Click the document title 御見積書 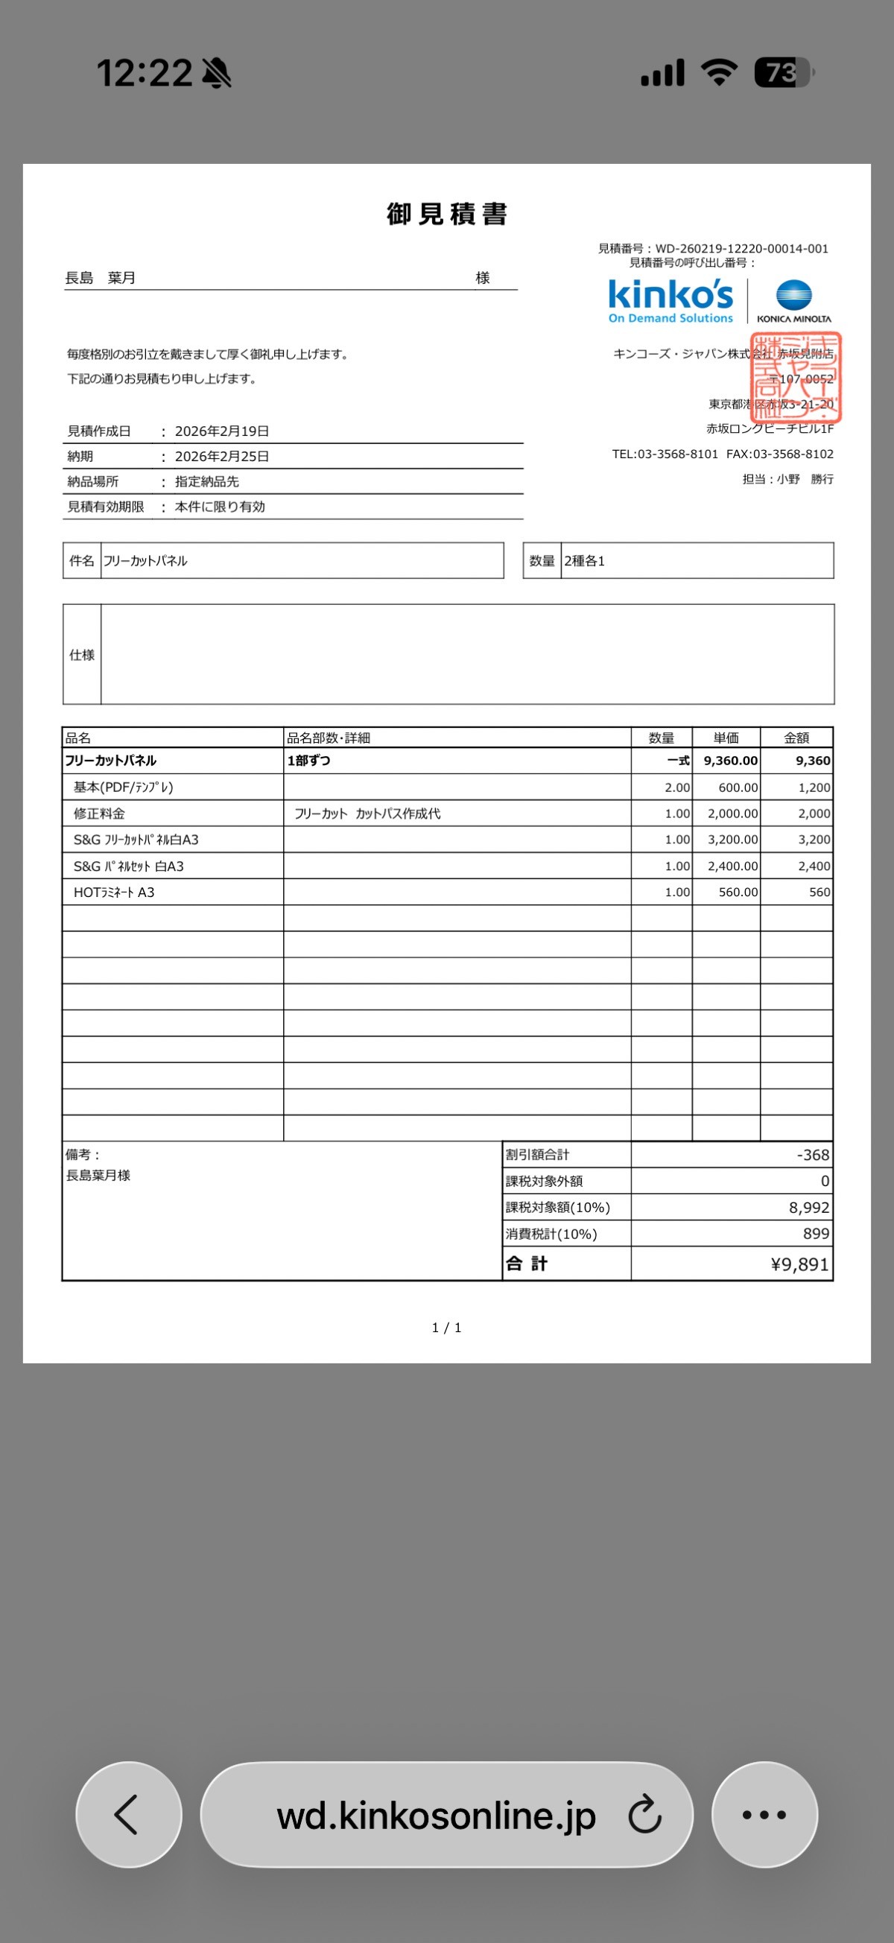pyautogui.click(x=446, y=215)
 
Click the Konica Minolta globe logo pyautogui.click(x=793, y=296)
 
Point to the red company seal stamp pyautogui.click(x=795, y=376)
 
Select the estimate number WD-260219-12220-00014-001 pyautogui.click(x=741, y=248)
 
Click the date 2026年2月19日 pyautogui.click(x=222, y=431)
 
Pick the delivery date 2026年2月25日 pyautogui.click(x=222, y=457)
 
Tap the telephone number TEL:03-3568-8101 pyautogui.click(x=665, y=454)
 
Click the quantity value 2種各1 pyautogui.click(x=585, y=561)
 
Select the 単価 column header pyautogui.click(x=726, y=738)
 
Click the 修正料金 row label pyautogui.click(x=99, y=814)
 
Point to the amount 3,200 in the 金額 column pyautogui.click(x=814, y=840)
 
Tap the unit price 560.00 pyautogui.click(x=738, y=893)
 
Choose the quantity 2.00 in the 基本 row pyautogui.click(x=676, y=787)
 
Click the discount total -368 pyautogui.click(x=813, y=1155)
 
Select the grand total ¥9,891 pyautogui.click(x=799, y=1264)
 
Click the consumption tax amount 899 pyautogui.click(x=816, y=1234)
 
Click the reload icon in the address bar pyautogui.click(x=644, y=1815)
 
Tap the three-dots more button pyautogui.click(x=764, y=1814)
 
